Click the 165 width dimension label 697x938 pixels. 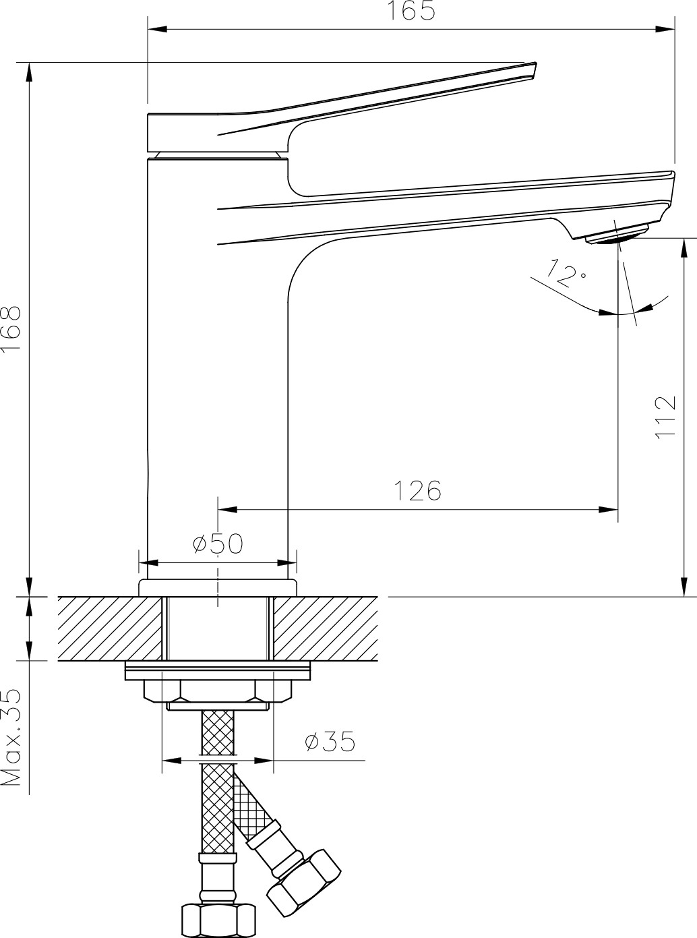coord(411,11)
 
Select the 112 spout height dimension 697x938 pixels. coord(665,417)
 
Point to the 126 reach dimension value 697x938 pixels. coord(417,490)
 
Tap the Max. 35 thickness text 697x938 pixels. coord(11,737)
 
